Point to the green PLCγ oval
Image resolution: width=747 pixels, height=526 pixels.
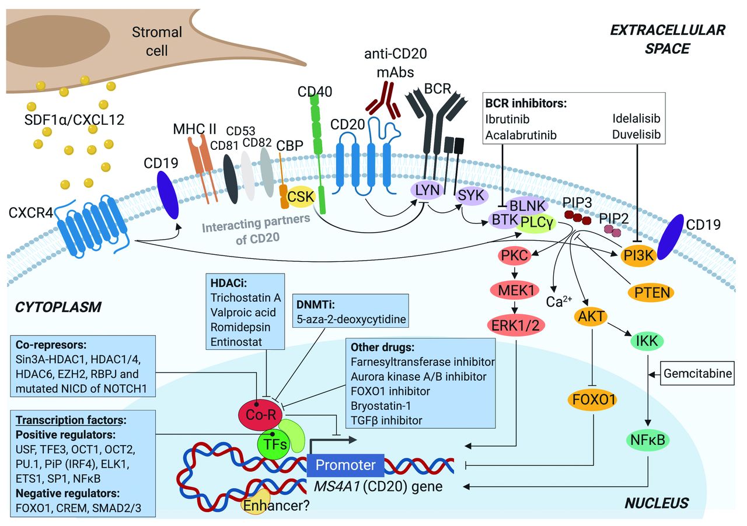[x=536, y=222]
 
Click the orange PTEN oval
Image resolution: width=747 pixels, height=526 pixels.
[x=648, y=292]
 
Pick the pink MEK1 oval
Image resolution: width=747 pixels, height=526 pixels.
[x=514, y=289]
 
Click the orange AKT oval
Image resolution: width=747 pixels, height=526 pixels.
[x=591, y=317]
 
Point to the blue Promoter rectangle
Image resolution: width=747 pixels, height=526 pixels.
[x=345, y=465]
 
